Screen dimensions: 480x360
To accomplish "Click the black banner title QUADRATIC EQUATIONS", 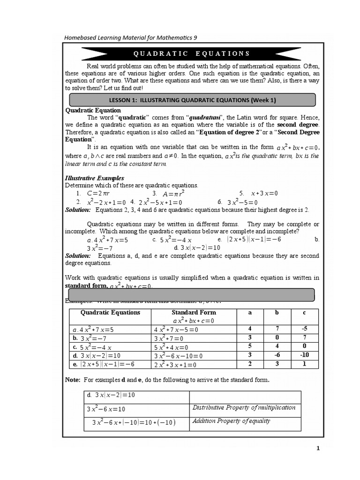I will [192, 53].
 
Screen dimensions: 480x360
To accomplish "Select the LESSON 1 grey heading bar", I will [192, 100].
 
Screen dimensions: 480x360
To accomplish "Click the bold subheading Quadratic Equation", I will [86, 110].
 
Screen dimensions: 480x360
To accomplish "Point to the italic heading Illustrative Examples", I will [94, 178].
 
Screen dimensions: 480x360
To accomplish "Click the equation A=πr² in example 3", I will [173, 193].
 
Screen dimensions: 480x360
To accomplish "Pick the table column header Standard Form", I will [194, 312].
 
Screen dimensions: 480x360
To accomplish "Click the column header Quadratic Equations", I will [110, 312].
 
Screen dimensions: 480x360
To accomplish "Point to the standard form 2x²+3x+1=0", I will [175, 364].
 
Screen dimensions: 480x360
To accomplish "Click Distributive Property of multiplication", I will [244, 407].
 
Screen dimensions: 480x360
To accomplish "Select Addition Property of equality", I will [231, 420].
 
